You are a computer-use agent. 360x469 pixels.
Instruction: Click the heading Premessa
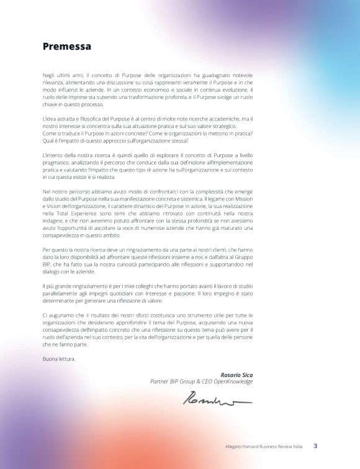tap(66, 46)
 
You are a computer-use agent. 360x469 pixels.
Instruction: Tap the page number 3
tap(315, 445)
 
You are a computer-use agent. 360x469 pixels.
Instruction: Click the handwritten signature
tap(217, 399)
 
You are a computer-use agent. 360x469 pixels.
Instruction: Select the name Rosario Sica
tap(236, 375)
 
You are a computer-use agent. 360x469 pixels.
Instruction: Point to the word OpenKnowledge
tap(232, 381)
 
